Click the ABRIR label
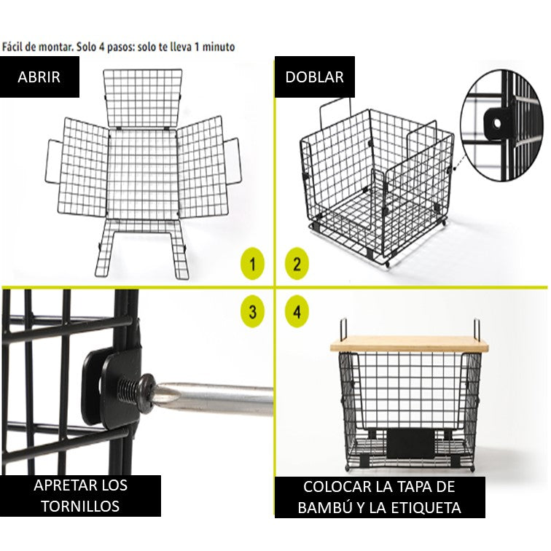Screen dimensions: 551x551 [39, 77]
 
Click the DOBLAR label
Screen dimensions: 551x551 [315, 77]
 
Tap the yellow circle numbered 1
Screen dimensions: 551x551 [252, 264]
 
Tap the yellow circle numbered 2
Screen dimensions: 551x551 [297, 264]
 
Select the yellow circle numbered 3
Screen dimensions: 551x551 [252, 311]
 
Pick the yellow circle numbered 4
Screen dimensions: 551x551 [297, 311]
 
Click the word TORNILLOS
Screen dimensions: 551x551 [80, 506]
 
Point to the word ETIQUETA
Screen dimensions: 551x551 [426, 508]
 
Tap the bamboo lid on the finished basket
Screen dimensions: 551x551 [410, 345]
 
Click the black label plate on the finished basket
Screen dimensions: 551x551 [411, 443]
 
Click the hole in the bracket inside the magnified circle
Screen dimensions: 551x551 [497, 123]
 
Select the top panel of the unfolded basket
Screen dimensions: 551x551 [143, 98]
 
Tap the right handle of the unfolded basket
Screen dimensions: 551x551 [232, 161]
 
